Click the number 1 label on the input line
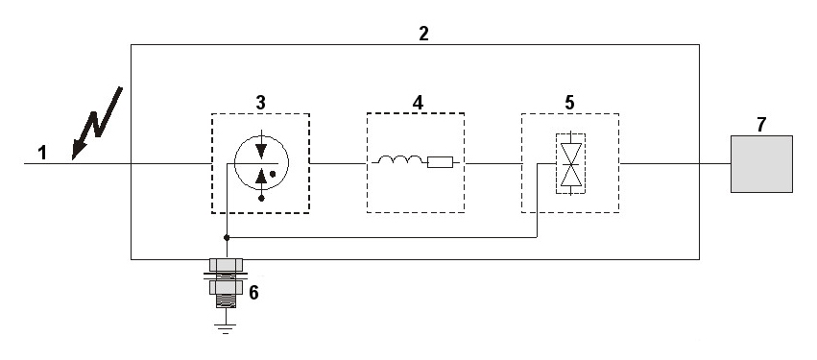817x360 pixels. tap(42, 154)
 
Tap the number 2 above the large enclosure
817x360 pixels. tap(423, 34)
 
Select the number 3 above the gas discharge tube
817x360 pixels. tap(260, 103)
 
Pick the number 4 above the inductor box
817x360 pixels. tap(418, 103)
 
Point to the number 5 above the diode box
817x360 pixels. tap(569, 103)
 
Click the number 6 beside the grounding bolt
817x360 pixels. tap(253, 293)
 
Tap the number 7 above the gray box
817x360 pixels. tap(761, 125)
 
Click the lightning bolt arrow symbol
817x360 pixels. tap(97, 123)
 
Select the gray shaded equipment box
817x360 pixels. tap(761, 164)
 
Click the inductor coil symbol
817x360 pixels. tap(400, 160)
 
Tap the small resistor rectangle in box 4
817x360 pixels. tap(441, 162)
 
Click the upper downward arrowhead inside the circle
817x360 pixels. tap(261, 151)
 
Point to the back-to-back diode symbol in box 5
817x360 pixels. tap(570, 163)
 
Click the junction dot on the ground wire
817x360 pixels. tap(227, 237)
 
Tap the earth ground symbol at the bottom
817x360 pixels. tap(225, 328)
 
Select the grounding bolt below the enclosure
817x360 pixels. tap(226, 283)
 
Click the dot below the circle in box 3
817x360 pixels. tap(261, 198)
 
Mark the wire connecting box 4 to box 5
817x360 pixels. tap(493, 163)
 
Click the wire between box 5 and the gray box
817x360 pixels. tap(675, 163)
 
